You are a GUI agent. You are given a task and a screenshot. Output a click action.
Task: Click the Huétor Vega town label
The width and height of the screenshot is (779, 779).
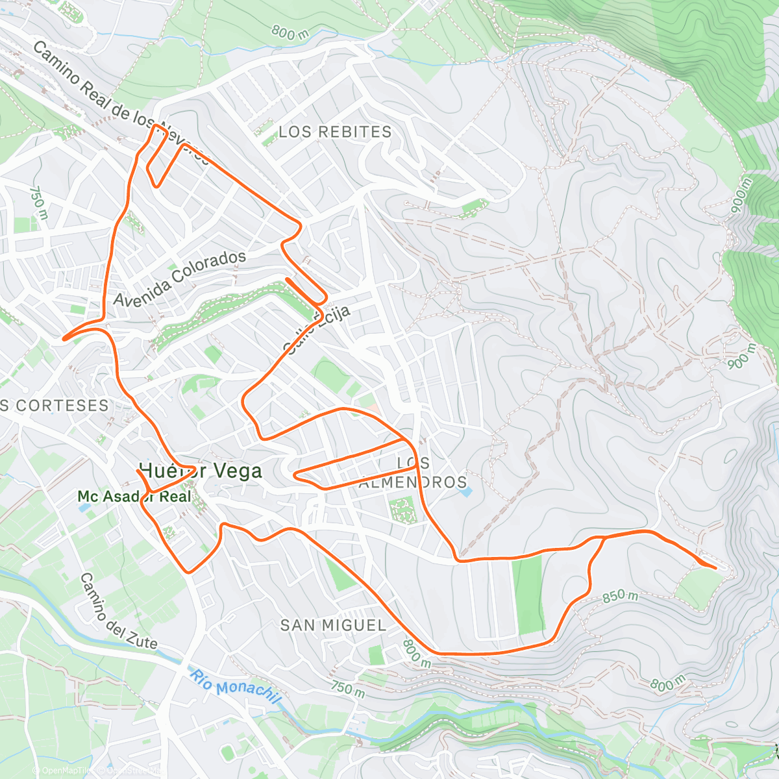(x=201, y=471)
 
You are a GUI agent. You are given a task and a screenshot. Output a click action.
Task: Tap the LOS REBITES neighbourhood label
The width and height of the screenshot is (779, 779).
(x=335, y=132)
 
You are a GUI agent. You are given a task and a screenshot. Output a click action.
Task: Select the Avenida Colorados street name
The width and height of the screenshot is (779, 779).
(x=180, y=278)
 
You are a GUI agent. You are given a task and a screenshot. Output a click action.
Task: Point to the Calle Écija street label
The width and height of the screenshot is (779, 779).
(x=317, y=330)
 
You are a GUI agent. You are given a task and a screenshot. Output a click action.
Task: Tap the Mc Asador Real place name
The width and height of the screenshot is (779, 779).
(x=134, y=497)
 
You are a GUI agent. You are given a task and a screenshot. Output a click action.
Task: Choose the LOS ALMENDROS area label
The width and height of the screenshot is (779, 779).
(x=413, y=473)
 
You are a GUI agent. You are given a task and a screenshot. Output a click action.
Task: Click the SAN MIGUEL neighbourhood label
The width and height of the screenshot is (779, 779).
(x=333, y=625)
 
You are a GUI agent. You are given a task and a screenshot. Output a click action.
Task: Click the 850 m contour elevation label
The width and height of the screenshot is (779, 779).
(x=620, y=596)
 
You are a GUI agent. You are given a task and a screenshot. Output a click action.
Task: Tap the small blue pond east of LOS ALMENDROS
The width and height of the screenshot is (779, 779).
(x=465, y=491)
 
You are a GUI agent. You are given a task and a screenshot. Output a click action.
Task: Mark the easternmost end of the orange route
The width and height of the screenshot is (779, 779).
(x=716, y=568)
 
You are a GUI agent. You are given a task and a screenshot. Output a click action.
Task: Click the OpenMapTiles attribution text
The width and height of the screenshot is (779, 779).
(x=62, y=771)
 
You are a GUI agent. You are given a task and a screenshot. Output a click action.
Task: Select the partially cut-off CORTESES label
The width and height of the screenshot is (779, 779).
(x=55, y=406)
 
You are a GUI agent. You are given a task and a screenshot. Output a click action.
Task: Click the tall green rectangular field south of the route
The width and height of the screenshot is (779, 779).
(x=527, y=595)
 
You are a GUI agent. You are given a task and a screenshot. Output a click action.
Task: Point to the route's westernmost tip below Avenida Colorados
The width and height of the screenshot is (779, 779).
(x=63, y=338)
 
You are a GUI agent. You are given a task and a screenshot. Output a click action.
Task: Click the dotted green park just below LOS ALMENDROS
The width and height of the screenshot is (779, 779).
(x=404, y=510)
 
